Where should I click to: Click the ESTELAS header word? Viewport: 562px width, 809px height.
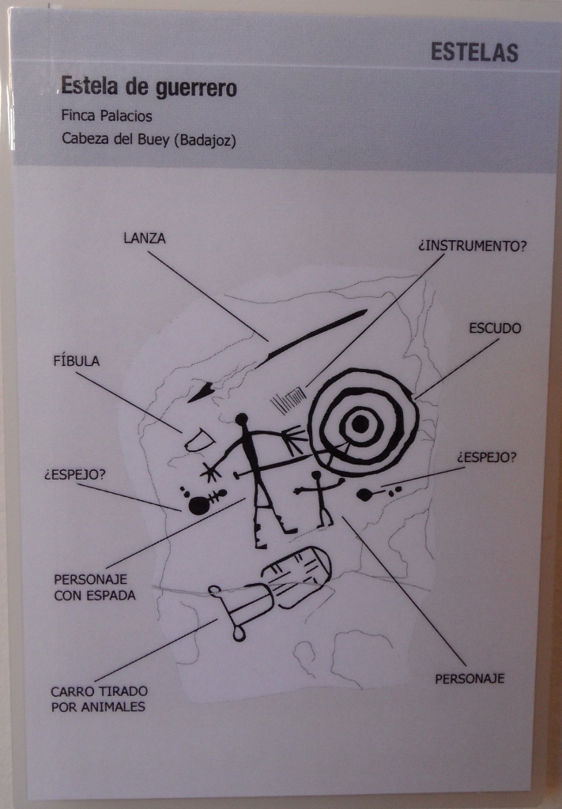(474, 52)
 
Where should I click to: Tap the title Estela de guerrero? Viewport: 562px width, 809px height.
(149, 87)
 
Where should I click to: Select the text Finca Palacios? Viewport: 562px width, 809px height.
(107, 115)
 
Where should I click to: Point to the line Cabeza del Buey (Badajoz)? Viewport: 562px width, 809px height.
(149, 141)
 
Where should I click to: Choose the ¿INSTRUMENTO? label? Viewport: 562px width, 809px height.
(472, 246)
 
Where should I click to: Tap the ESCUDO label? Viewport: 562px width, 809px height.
(495, 328)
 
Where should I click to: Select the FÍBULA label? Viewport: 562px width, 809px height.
(76, 361)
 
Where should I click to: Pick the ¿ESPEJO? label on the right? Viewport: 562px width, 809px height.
(486, 457)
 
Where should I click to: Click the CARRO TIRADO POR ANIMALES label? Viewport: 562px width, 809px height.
(99, 698)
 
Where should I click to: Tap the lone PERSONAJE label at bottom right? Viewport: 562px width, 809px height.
(470, 678)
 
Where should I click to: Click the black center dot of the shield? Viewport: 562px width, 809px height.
(360, 424)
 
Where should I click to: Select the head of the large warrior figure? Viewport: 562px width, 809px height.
(243, 420)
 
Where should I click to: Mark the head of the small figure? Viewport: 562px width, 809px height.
(317, 476)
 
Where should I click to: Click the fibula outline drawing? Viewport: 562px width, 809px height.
(198, 439)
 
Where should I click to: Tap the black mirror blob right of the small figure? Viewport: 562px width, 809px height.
(365, 495)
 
